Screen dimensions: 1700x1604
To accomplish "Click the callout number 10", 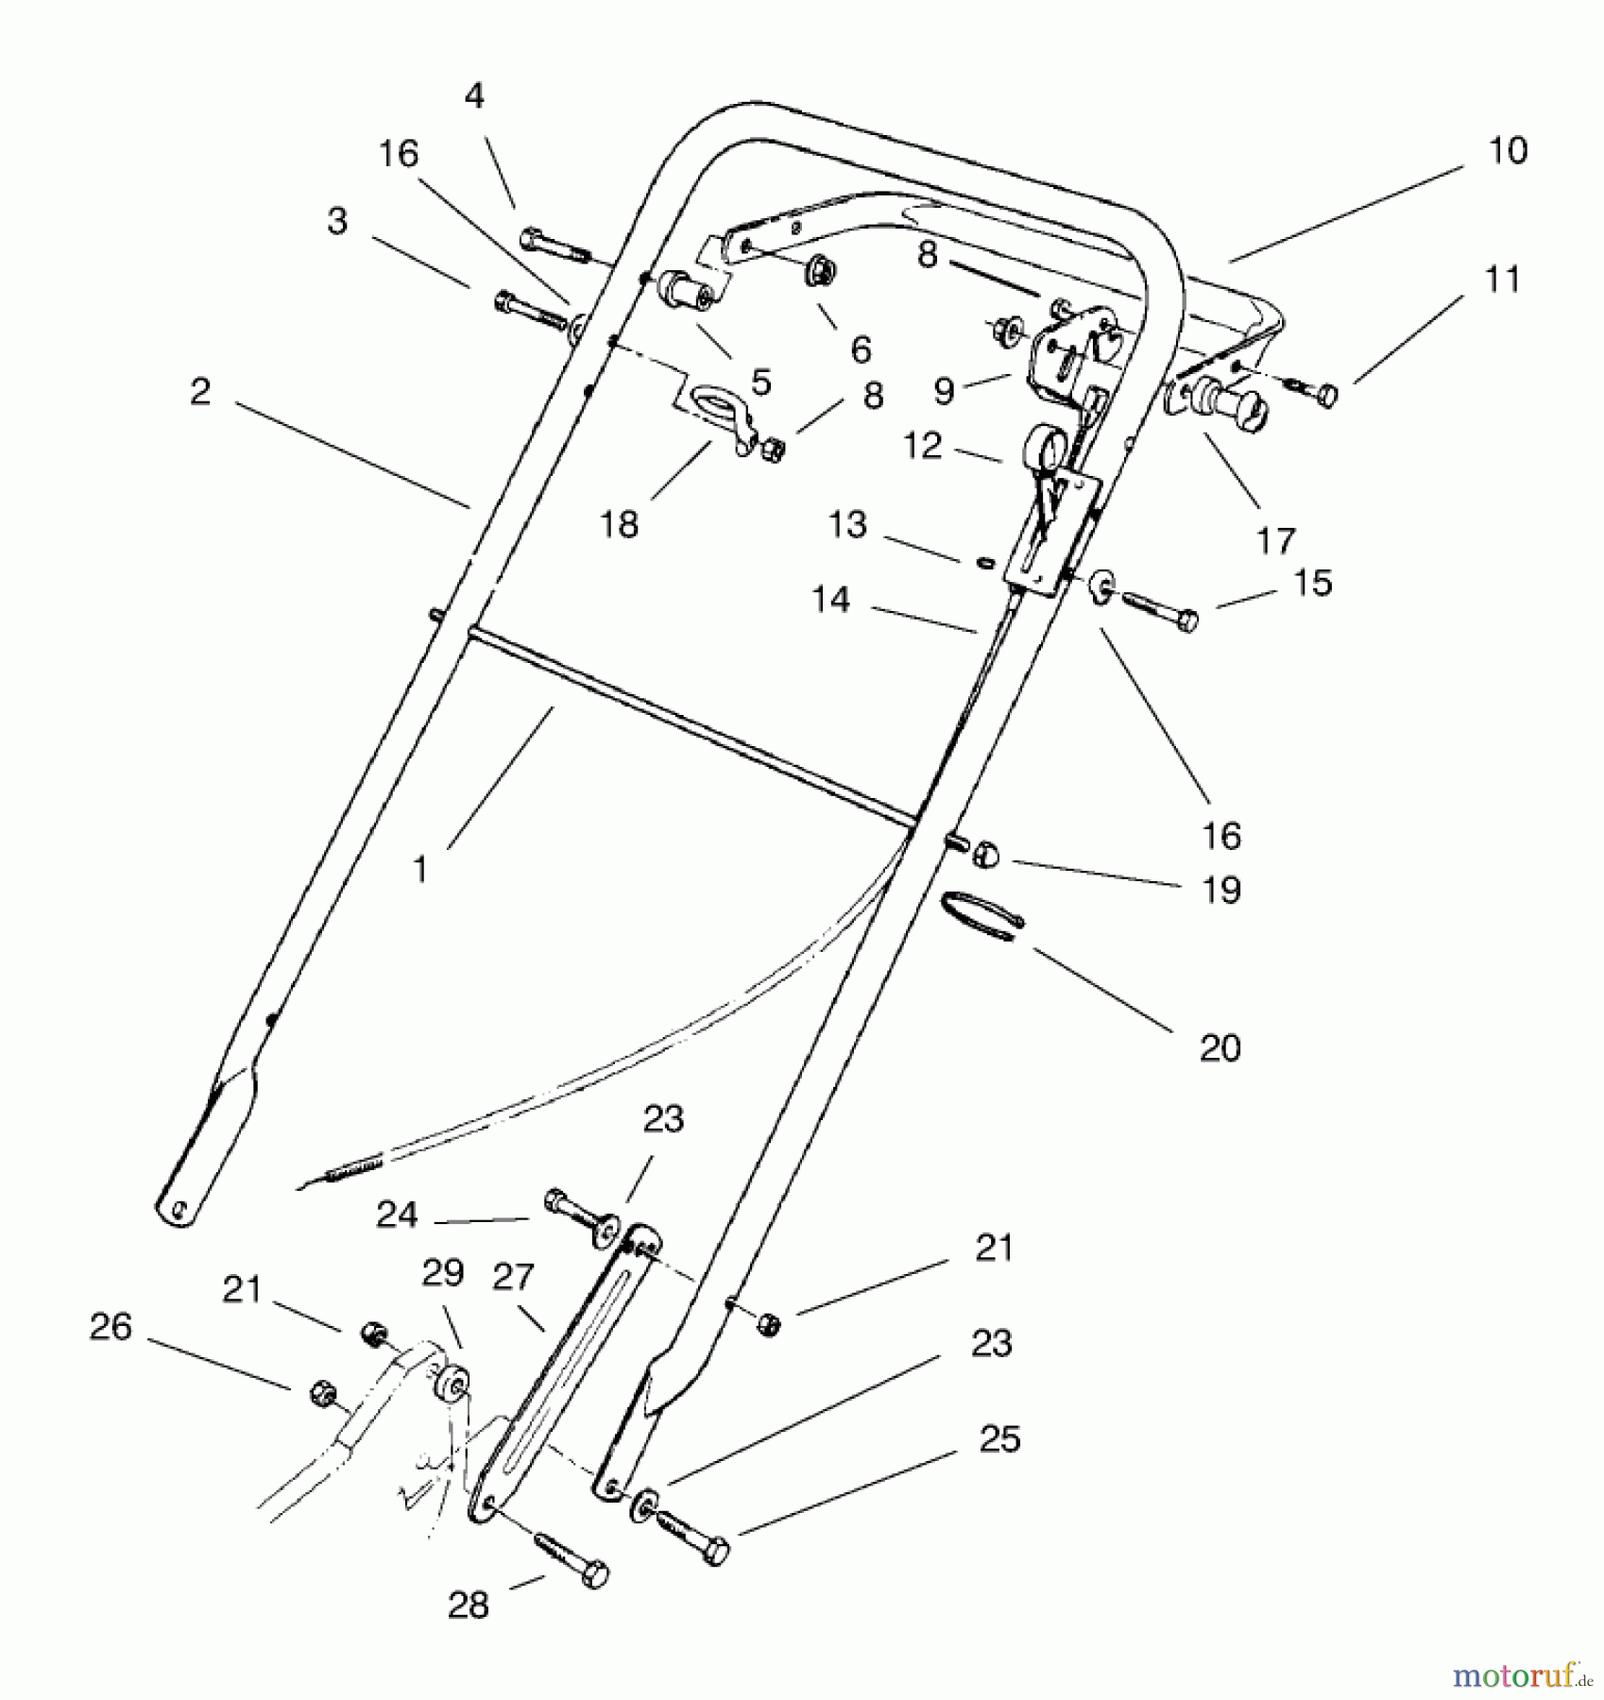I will [1507, 151].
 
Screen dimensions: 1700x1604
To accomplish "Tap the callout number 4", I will [474, 95].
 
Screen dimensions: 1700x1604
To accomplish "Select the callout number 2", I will [199, 391].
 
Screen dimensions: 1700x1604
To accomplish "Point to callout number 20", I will [1219, 1047].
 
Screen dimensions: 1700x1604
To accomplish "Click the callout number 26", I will [111, 1326].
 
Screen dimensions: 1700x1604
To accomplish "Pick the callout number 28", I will [469, 1605].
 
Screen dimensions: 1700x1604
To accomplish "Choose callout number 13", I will [846, 524].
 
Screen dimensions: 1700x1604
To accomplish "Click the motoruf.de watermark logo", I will [1520, 1674].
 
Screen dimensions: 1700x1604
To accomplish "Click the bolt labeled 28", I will [572, 1559].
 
